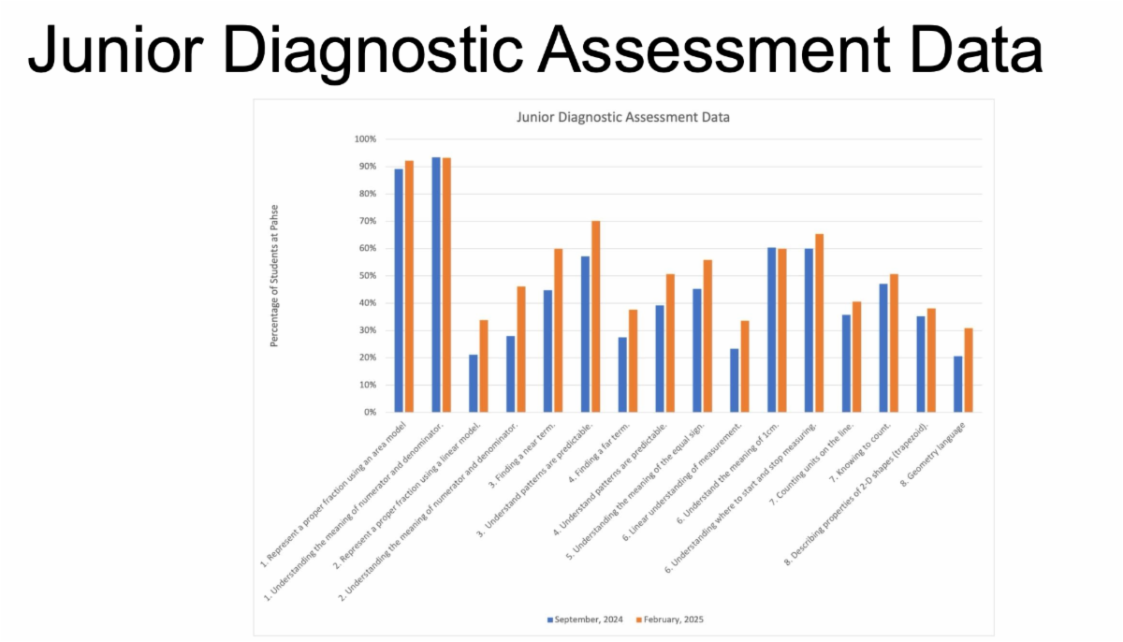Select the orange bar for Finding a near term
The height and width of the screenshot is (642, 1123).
click(558, 330)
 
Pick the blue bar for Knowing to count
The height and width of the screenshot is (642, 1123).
click(883, 347)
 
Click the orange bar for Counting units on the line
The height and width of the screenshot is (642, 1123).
click(856, 357)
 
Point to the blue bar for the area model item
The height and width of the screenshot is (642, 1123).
click(399, 290)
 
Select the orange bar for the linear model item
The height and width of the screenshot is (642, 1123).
click(483, 366)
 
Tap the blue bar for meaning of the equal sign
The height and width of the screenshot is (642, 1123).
click(697, 350)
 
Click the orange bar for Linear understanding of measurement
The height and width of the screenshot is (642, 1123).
click(744, 366)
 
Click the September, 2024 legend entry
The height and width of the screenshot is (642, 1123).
click(582, 620)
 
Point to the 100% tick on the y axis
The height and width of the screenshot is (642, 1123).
click(365, 139)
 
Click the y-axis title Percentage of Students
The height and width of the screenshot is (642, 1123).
click(275, 276)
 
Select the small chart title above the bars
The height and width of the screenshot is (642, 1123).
click(623, 118)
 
